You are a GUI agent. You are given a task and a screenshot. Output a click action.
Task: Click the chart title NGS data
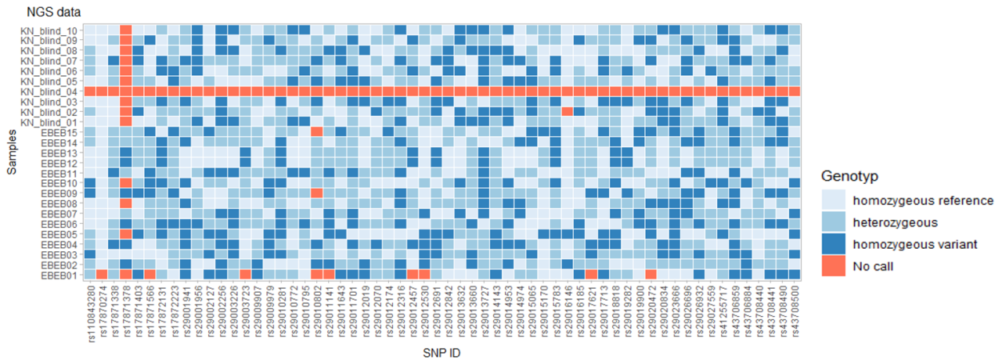tap(53, 13)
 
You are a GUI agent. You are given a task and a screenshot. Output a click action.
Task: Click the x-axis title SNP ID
tap(442, 353)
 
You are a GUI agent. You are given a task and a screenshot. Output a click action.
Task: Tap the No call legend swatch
tap(833, 266)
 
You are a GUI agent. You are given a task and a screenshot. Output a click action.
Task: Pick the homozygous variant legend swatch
tap(833, 244)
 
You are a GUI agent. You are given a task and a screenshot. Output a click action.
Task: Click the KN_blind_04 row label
tap(48, 92)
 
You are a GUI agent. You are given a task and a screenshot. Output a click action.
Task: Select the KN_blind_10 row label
tap(48, 31)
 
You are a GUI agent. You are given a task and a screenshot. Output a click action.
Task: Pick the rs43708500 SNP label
tap(795, 311)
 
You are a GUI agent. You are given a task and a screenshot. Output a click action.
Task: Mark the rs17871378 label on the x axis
tap(126, 311)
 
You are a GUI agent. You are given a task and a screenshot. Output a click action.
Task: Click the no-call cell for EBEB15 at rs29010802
tap(317, 131)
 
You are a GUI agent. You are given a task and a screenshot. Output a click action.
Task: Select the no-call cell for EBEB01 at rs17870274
tap(102, 274)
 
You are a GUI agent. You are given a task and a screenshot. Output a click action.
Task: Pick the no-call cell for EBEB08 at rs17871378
tap(126, 203)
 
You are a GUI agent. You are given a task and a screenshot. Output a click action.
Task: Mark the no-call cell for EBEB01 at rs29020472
tap(651, 274)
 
